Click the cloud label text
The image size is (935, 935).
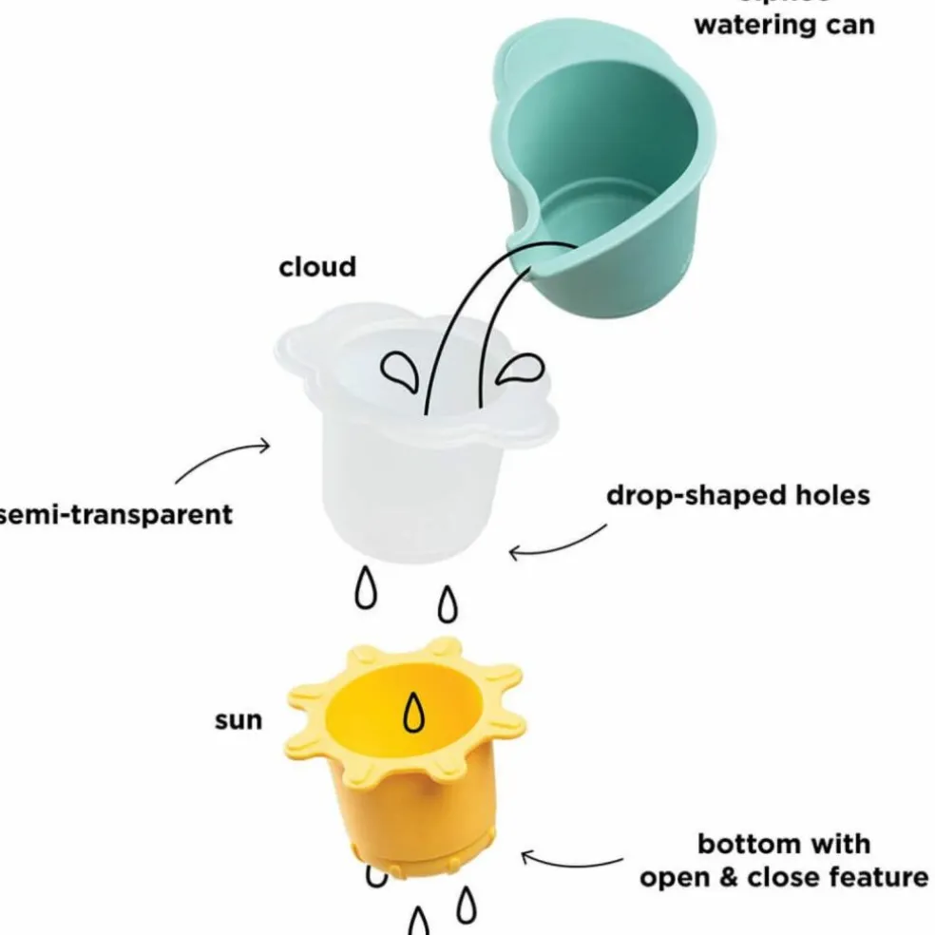tap(317, 267)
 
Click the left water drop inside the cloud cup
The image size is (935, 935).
tap(402, 372)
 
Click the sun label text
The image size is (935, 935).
tap(238, 719)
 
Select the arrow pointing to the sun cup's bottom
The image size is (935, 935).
tap(570, 861)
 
